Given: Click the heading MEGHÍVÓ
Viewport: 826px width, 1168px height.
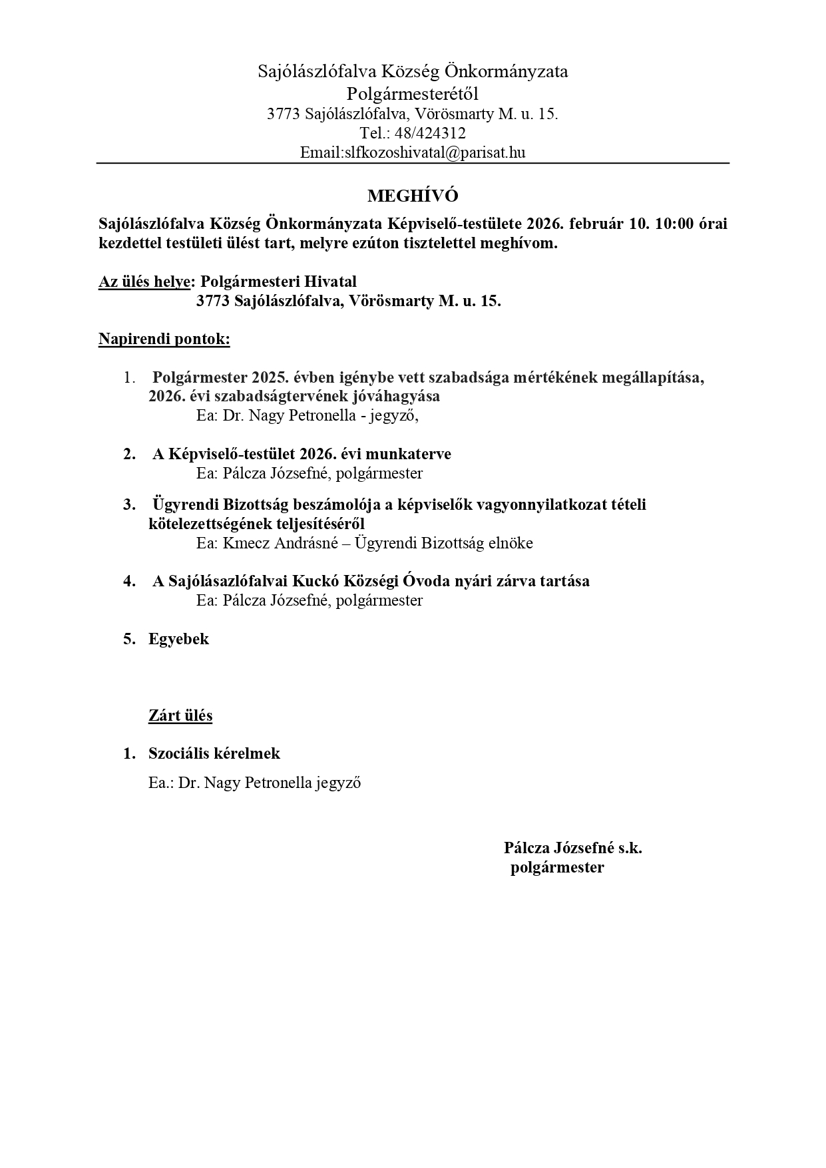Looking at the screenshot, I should point(413,196).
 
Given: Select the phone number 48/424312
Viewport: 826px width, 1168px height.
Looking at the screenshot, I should point(430,133).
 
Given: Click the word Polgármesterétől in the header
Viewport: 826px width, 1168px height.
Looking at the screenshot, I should point(413,93).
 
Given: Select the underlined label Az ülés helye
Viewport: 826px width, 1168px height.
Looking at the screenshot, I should point(144,282).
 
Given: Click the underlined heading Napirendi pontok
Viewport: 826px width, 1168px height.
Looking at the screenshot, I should point(164,339).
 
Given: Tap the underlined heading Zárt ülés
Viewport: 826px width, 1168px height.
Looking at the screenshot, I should point(180,715).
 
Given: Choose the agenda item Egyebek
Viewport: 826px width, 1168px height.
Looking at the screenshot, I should point(178,639).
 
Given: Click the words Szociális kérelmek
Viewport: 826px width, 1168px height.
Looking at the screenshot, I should point(214,753).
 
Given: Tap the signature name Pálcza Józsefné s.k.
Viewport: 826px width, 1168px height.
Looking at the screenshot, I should point(572,848).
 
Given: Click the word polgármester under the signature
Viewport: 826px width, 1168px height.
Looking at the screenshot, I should point(557,867).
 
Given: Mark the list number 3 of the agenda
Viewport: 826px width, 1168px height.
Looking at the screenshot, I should point(128,504).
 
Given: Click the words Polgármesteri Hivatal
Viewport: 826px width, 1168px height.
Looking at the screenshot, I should point(279,282).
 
